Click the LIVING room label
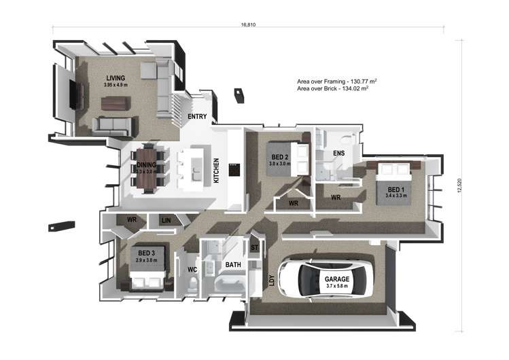coord(116,78)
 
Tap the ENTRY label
coord(197,117)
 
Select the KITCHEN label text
coord(217,171)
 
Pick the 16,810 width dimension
coord(247,24)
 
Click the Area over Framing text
coord(337,80)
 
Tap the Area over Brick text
coord(333,88)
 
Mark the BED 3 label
coord(144,253)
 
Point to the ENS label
coord(338,154)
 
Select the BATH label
coord(233,265)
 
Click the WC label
coord(192,270)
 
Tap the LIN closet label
coord(166,220)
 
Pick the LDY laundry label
coord(272,279)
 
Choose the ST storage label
coord(255,247)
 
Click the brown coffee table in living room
coord(115,103)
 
